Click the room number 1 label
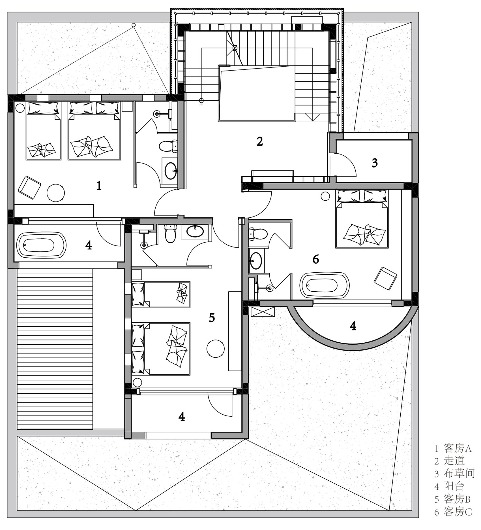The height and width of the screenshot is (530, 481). [x=99, y=186]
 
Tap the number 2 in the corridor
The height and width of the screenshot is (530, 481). [x=259, y=141]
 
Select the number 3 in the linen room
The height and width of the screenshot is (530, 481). [x=374, y=163]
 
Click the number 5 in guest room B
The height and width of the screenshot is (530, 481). [x=212, y=318]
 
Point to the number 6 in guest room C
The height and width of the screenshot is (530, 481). [x=315, y=259]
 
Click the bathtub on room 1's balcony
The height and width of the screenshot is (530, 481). [x=41, y=245]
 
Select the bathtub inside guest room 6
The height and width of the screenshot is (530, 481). [x=324, y=285]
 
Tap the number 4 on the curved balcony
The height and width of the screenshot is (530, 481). [x=353, y=326]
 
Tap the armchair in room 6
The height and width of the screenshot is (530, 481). [x=385, y=278]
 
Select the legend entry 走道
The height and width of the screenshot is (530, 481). [x=454, y=468]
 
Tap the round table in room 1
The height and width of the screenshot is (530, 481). [x=55, y=193]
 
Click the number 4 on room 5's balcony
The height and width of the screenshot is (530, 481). [x=181, y=416]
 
